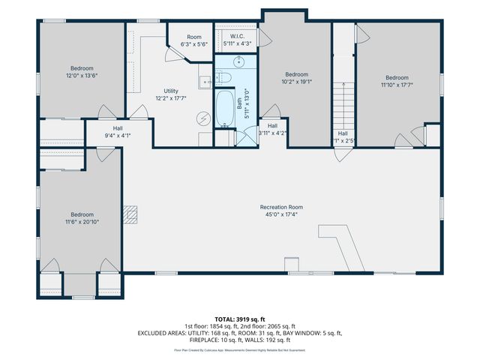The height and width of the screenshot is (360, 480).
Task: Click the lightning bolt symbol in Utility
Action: (x=203, y=118)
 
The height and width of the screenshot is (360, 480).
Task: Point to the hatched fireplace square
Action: (x=132, y=215)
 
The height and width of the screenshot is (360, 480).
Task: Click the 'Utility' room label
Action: (x=171, y=90)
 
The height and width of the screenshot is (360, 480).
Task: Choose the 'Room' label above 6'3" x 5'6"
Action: (x=193, y=37)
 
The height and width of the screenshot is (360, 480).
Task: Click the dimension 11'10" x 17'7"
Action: (x=397, y=85)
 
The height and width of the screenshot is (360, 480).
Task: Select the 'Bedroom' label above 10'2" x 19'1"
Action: (x=296, y=74)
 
